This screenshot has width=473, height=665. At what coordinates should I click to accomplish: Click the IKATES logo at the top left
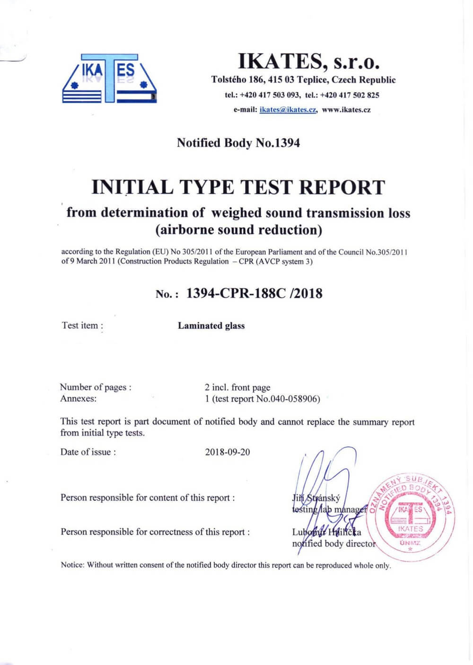pos(109,79)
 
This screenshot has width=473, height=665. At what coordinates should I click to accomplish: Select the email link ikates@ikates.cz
pos(288,110)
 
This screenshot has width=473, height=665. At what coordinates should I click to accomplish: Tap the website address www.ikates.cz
pos(346,110)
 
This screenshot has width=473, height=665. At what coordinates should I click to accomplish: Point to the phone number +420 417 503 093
pos(270,95)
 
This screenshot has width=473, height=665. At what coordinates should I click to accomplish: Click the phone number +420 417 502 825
pos(350,95)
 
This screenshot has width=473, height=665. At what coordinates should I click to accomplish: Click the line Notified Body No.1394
pos(238,143)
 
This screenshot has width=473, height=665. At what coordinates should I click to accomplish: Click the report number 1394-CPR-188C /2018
pos(254,294)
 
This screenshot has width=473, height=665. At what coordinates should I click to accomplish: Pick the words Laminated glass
pos(211,326)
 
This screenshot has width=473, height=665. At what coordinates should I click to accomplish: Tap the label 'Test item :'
pos(82,326)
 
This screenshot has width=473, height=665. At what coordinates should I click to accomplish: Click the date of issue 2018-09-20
pos(228,452)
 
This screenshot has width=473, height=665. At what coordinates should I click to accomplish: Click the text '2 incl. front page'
pos(237,388)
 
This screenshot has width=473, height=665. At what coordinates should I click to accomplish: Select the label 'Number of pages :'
pos(96,388)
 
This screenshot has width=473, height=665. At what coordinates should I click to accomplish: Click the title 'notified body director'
pos(333,544)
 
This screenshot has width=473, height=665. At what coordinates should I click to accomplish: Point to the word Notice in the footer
pos(72,565)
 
